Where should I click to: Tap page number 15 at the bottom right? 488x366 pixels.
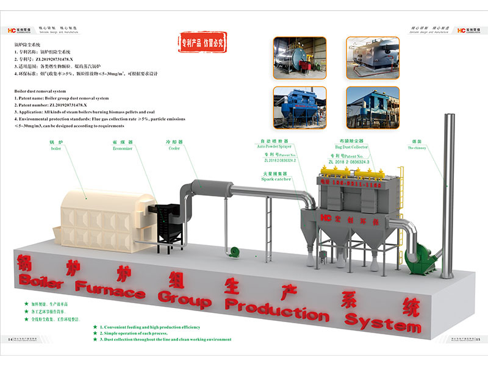(x=478, y=340)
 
